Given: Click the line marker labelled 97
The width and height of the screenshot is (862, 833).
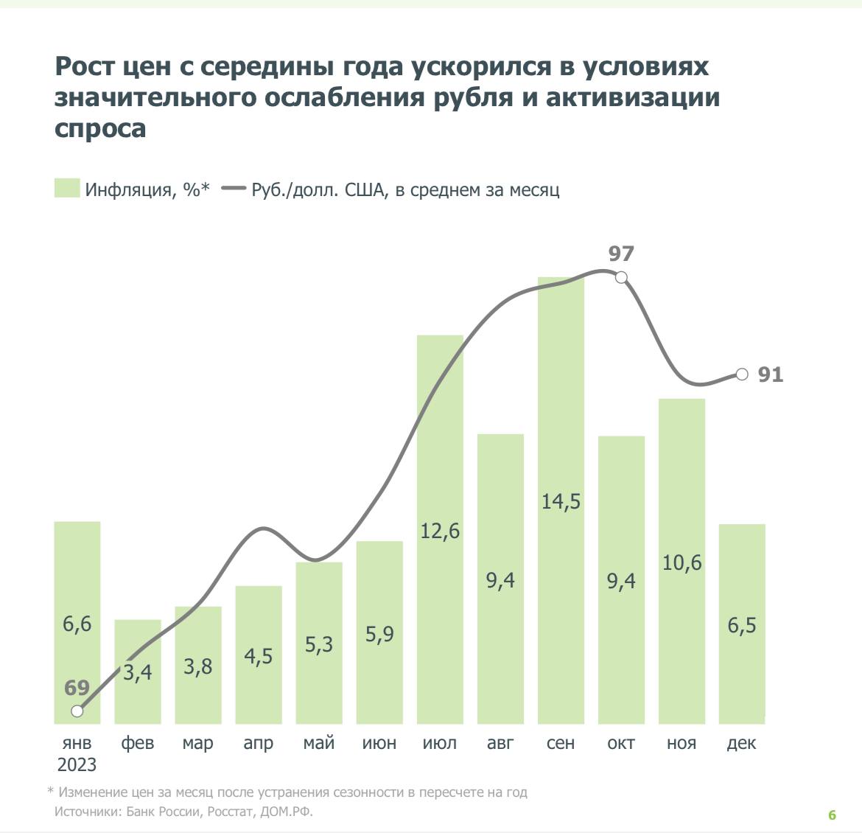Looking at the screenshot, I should [x=621, y=277].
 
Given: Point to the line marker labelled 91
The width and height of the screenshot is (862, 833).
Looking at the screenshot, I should [x=742, y=374].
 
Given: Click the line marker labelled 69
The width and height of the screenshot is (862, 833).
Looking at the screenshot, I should [x=77, y=711].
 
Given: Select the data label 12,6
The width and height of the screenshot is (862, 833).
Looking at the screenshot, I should [x=440, y=530].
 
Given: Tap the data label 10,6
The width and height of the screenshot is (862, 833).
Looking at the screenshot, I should [x=681, y=563].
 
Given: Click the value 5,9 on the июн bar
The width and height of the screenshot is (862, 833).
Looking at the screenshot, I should [x=379, y=633].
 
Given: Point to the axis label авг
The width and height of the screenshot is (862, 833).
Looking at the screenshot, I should [x=500, y=742].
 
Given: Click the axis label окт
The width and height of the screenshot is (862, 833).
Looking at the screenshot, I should [x=621, y=742].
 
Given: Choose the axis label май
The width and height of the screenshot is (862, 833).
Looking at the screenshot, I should [x=319, y=742].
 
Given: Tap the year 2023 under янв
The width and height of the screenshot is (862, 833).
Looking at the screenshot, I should [x=77, y=764].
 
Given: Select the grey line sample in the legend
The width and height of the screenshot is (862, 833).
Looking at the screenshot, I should [x=233, y=189].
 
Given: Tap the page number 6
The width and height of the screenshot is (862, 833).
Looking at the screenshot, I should [x=833, y=815].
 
